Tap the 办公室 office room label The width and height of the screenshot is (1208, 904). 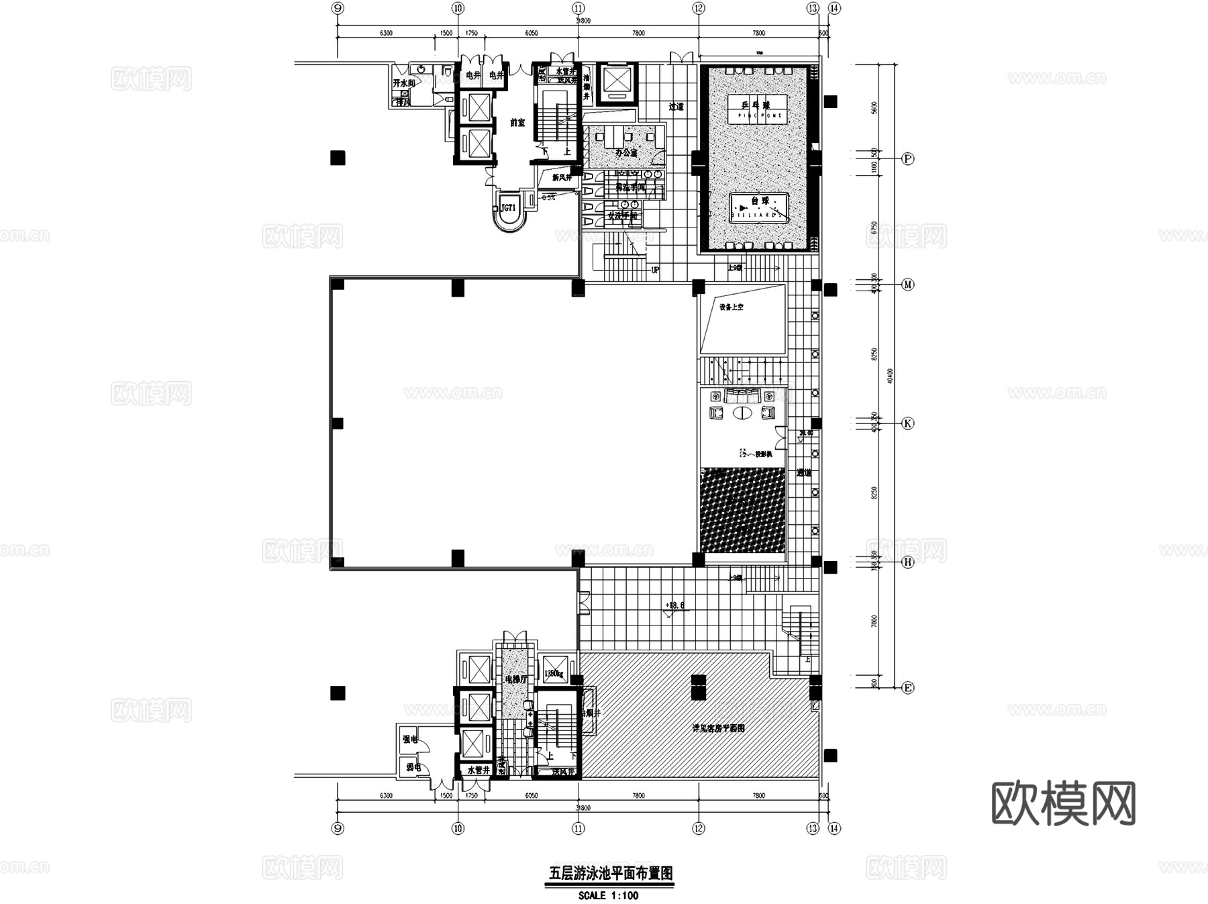click(625, 153)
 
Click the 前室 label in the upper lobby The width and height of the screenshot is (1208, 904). click(517, 123)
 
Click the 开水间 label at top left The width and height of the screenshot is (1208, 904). click(403, 83)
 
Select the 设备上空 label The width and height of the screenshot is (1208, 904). click(731, 307)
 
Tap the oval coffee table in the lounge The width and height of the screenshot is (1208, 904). click(742, 413)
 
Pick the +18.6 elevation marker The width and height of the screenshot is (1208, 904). click(674, 605)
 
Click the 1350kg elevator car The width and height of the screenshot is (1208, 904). click(555, 670)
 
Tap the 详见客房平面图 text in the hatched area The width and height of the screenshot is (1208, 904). click(718, 728)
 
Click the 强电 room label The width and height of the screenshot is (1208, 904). click(410, 740)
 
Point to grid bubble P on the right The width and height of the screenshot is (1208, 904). click(907, 159)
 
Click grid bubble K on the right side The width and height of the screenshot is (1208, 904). click(907, 423)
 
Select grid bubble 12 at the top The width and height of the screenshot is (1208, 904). click(699, 9)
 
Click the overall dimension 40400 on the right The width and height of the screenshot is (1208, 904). click(890, 376)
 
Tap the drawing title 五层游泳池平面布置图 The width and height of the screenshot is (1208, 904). click(610, 873)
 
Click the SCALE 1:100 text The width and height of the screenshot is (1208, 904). click(608, 895)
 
